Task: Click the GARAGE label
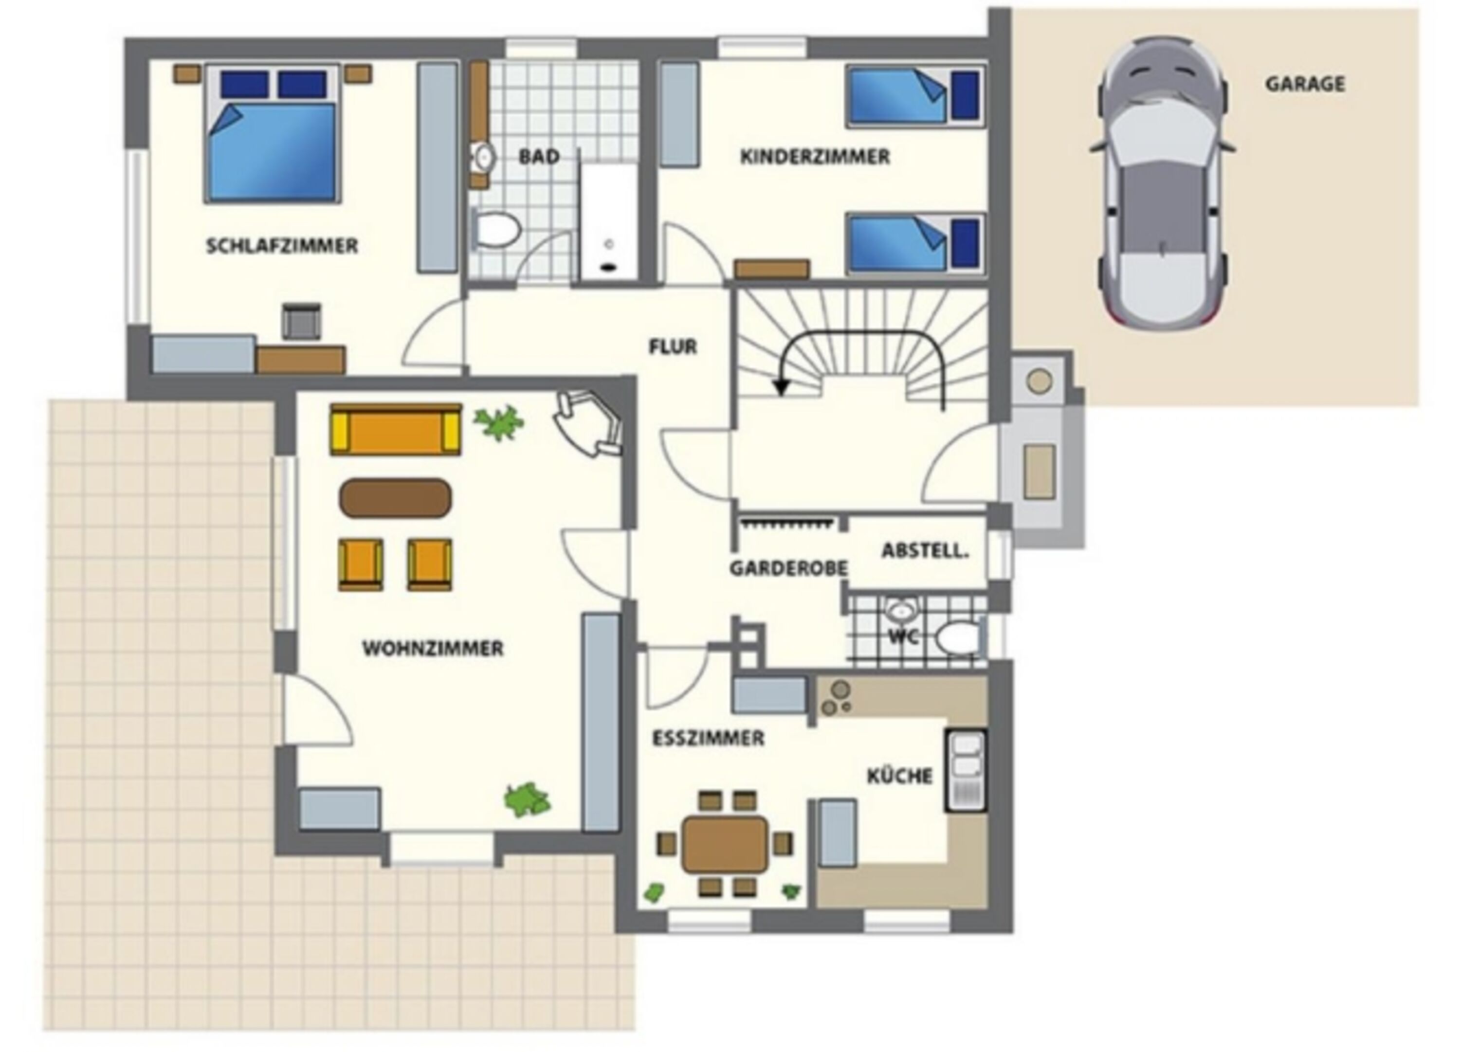(1305, 84)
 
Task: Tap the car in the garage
(1163, 183)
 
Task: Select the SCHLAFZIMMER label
(282, 246)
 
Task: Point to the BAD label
(539, 157)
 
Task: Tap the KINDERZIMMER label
(815, 157)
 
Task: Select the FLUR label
(673, 347)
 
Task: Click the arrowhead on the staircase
(782, 386)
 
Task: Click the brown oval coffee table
(396, 498)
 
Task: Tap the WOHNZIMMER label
(433, 648)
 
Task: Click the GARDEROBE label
(788, 568)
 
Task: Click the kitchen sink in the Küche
(966, 770)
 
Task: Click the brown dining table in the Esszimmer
(726, 844)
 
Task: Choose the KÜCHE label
(900, 776)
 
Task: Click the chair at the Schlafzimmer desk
(301, 321)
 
